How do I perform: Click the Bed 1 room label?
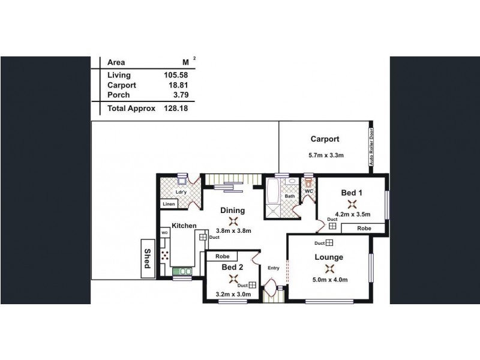tap(351, 193)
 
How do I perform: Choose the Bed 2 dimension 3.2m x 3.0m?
tap(232, 294)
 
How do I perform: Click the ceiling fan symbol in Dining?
tap(232, 220)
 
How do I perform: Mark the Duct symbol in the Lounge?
tap(329, 243)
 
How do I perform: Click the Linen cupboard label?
tap(169, 205)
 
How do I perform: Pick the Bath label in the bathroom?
tap(290, 196)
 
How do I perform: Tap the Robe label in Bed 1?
tap(364, 229)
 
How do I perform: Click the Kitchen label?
tap(184, 225)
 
